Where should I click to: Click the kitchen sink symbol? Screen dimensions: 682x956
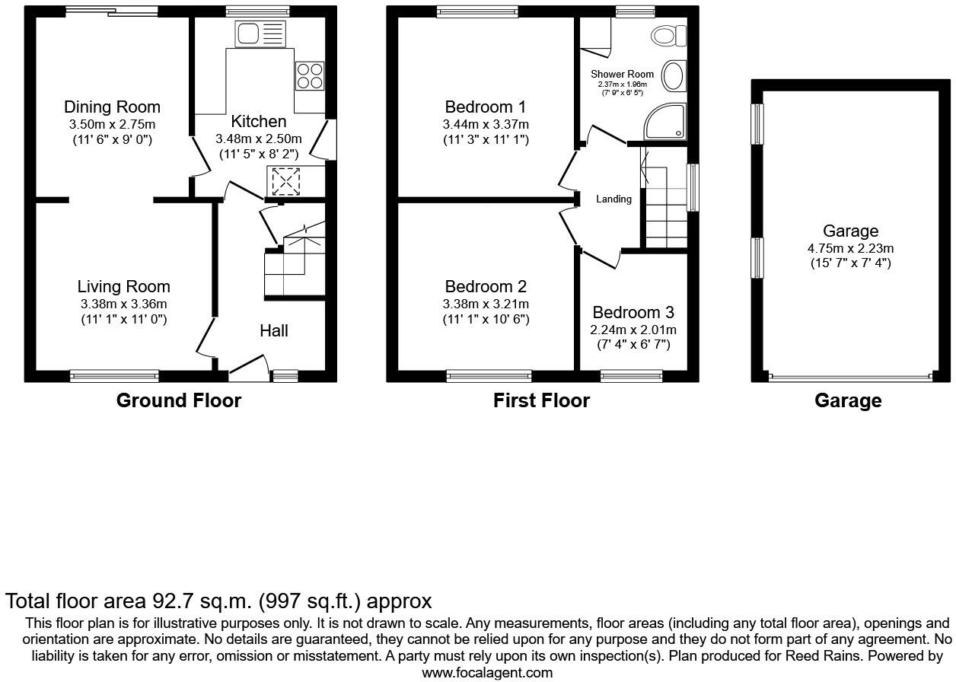(x=260, y=33)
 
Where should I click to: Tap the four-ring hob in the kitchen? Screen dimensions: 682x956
(x=309, y=75)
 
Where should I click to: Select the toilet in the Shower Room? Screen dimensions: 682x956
(x=670, y=36)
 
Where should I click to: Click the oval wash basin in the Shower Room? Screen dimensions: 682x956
(x=673, y=76)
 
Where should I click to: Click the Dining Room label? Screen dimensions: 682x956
(x=112, y=107)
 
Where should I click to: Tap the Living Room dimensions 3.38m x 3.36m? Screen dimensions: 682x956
(x=123, y=304)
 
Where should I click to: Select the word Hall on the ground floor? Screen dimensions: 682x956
(x=274, y=330)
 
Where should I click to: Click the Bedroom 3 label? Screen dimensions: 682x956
(x=633, y=313)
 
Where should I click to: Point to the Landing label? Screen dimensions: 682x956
(x=613, y=199)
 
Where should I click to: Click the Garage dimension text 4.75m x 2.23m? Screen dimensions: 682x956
(x=850, y=247)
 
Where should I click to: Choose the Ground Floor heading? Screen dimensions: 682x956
(x=178, y=400)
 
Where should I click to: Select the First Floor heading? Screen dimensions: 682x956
(x=541, y=400)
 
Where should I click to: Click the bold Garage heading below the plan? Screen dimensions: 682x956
(x=848, y=400)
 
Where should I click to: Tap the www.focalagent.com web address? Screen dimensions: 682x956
(x=487, y=672)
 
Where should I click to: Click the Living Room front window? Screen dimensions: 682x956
(x=114, y=374)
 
